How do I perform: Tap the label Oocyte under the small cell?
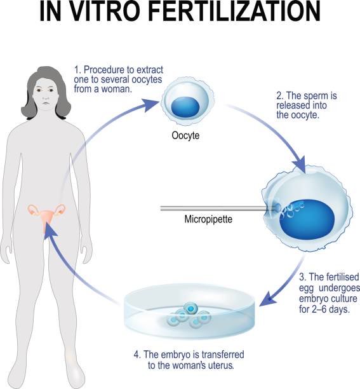click(x=185, y=135)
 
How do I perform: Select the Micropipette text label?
click(x=208, y=219)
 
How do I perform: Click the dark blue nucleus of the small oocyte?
click(x=185, y=107)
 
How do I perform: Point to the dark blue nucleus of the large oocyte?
click(x=307, y=217)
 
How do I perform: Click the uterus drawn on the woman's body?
click(x=46, y=216)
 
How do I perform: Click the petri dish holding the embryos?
click(x=189, y=311)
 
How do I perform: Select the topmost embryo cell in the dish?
click(x=190, y=308)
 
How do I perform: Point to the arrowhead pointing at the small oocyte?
click(x=150, y=104)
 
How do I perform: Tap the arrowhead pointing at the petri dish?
click(x=268, y=299)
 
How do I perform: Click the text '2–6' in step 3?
click(x=322, y=309)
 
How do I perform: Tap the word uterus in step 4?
click(x=220, y=365)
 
